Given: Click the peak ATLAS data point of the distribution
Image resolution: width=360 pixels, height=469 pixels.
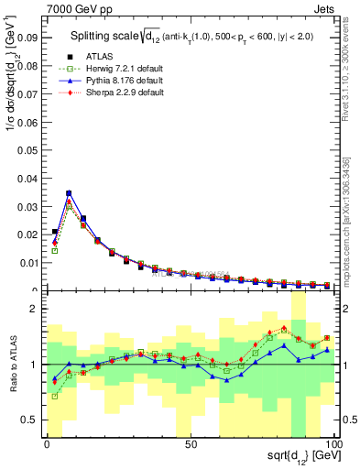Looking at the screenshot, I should pos(69,194).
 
